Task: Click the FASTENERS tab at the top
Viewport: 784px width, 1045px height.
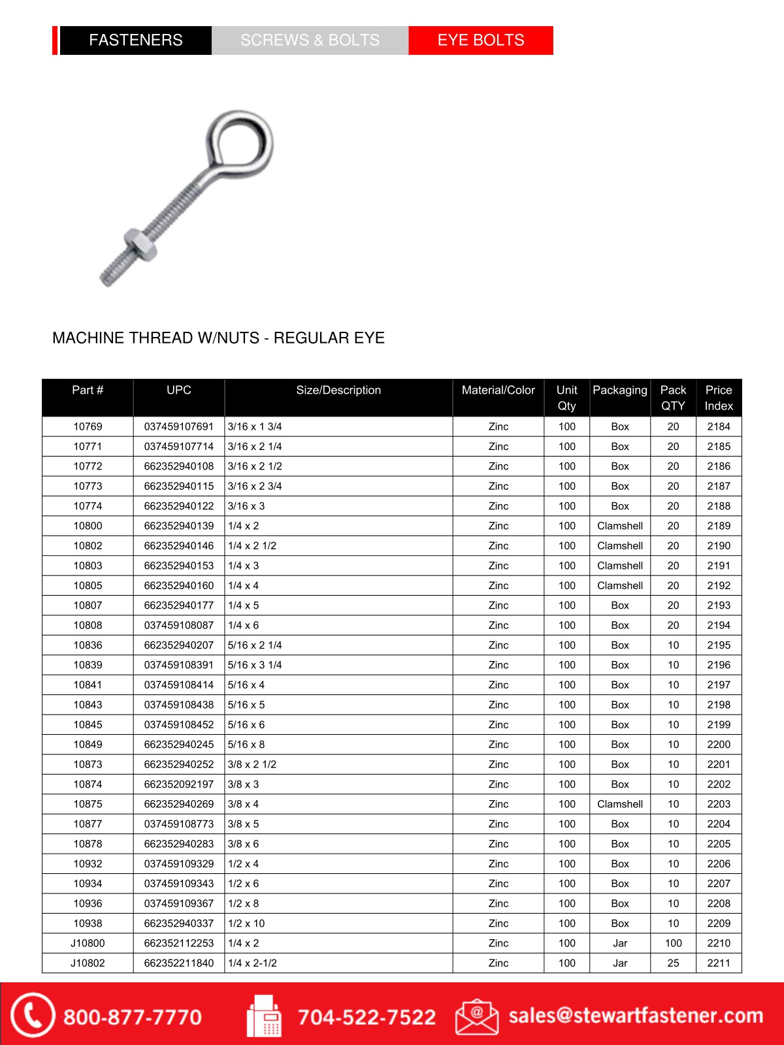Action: coord(135,40)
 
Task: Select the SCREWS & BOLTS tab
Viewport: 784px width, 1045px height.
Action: coord(310,40)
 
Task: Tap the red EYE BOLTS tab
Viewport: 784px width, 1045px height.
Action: coord(481,40)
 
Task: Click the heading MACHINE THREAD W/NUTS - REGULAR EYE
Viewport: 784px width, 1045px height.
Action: coord(218,338)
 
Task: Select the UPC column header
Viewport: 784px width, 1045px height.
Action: coord(178,391)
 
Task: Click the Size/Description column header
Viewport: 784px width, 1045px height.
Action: coord(338,391)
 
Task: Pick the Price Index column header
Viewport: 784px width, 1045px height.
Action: coord(719,398)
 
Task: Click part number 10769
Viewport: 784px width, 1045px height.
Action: coord(88,426)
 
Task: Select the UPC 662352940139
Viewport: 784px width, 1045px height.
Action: coord(178,526)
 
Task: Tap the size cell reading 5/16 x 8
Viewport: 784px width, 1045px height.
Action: coord(246,745)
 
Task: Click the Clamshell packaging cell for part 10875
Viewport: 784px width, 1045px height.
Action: coord(620,804)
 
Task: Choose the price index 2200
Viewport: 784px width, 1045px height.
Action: coord(719,745)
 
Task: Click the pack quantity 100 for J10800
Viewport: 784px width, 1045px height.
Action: coord(673,943)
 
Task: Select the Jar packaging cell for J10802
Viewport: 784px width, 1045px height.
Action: coord(620,963)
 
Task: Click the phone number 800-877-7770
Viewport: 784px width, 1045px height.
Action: coord(133,1017)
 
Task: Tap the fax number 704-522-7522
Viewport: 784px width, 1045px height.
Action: coord(367,1017)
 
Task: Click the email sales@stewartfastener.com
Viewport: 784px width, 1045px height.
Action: coord(636,1016)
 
